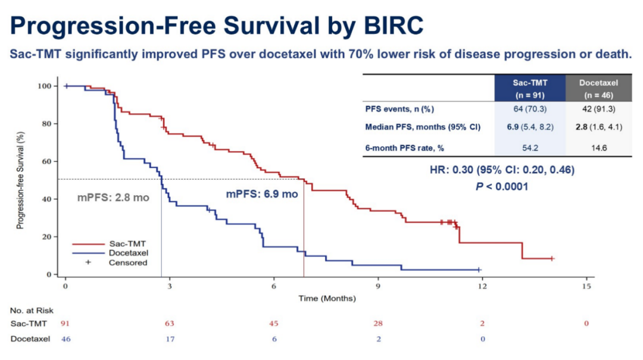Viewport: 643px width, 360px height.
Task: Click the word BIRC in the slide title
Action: [x=394, y=26]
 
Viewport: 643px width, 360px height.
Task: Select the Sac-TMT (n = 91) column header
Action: [x=530, y=89]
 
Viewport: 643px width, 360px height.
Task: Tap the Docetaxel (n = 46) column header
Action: [x=599, y=89]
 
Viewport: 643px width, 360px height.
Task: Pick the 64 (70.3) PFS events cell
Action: [x=530, y=109]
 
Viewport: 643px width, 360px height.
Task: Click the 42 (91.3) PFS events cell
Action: [x=599, y=109]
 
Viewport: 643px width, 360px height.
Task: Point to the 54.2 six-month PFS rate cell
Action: [x=530, y=148]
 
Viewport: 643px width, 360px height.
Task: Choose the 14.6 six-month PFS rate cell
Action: [x=599, y=148]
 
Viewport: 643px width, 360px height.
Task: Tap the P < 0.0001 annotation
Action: [x=501, y=187]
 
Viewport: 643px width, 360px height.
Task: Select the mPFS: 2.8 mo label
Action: [x=113, y=198]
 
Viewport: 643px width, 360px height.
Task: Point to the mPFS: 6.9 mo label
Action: [x=262, y=194]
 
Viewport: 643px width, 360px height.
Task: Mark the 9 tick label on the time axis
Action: [x=378, y=286]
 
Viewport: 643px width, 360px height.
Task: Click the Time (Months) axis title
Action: [x=327, y=298]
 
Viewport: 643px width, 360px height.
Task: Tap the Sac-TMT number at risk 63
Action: [x=169, y=323]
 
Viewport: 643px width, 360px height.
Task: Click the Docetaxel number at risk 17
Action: [x=170, y=339]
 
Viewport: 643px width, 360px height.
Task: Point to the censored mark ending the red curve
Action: [x=552, y=258]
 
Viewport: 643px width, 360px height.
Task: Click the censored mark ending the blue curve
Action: [x=479, y=270]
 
